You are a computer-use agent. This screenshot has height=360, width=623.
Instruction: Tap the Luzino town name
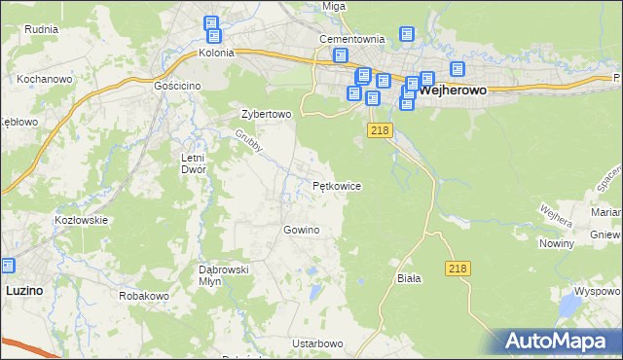click(23, 290)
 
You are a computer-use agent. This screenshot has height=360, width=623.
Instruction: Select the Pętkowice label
click(338, 184)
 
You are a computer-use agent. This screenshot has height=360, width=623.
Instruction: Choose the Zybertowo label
click(267, 114)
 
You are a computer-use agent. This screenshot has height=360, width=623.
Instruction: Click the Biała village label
click(409, 278)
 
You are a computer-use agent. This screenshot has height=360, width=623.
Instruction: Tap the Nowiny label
click(556, 243)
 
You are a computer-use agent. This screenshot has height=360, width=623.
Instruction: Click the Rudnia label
click(43, 29)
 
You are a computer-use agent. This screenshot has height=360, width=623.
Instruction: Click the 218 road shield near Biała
click(459, 268)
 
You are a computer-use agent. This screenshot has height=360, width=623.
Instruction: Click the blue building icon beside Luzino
click(8, 266)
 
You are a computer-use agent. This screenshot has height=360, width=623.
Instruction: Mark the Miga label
click(334, 6)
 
